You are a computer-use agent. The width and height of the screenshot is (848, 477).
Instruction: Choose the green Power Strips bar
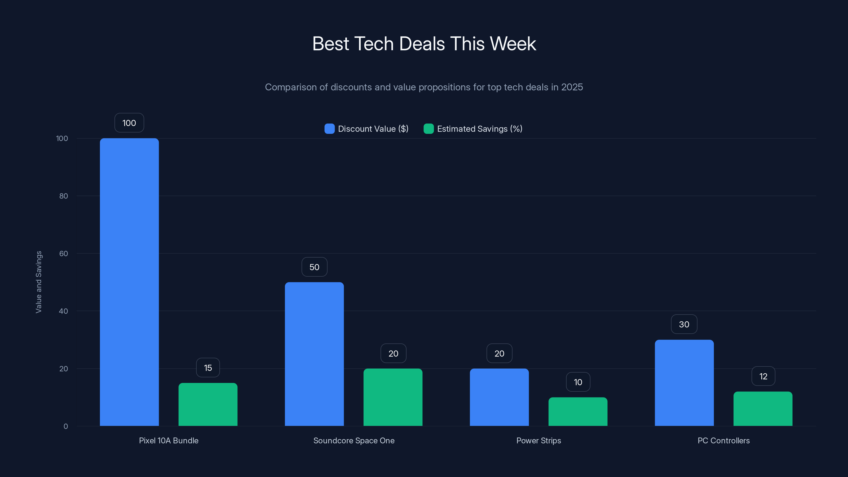click(578, 412)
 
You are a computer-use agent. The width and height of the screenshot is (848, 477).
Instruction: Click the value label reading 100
click(129, 123)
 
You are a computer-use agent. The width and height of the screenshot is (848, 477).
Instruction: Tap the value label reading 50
click(314, 267)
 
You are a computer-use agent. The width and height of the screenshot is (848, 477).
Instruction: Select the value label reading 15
click(208, 368)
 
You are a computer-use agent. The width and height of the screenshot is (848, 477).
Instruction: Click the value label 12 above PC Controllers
click(763, 376)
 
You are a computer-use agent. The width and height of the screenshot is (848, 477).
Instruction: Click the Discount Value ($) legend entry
click(366, 129)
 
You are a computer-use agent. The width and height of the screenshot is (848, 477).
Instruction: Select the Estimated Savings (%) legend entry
click(473, 129)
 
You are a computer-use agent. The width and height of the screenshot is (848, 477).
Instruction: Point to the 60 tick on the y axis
click(64, 254)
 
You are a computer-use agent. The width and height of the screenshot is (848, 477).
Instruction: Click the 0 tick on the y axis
click(65, 426)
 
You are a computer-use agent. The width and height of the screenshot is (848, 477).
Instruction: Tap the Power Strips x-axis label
click(538, 440)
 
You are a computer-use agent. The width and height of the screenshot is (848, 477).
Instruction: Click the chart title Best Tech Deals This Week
click(424, 44)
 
